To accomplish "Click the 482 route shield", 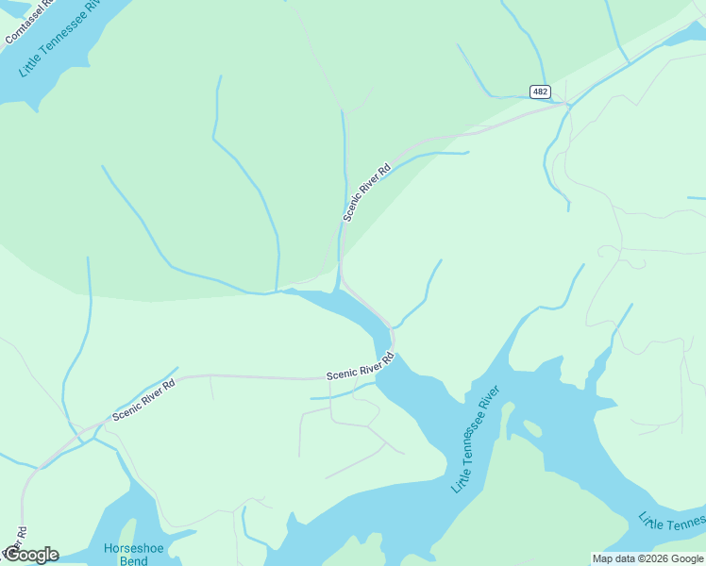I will [x=539, y=92].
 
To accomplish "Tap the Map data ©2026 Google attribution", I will [x=647, y=558].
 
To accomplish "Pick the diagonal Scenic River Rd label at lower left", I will [x=144, y=400].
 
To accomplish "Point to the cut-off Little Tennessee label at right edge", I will [x=671, y=522].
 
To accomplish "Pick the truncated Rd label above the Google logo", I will [x=20, y=534].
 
